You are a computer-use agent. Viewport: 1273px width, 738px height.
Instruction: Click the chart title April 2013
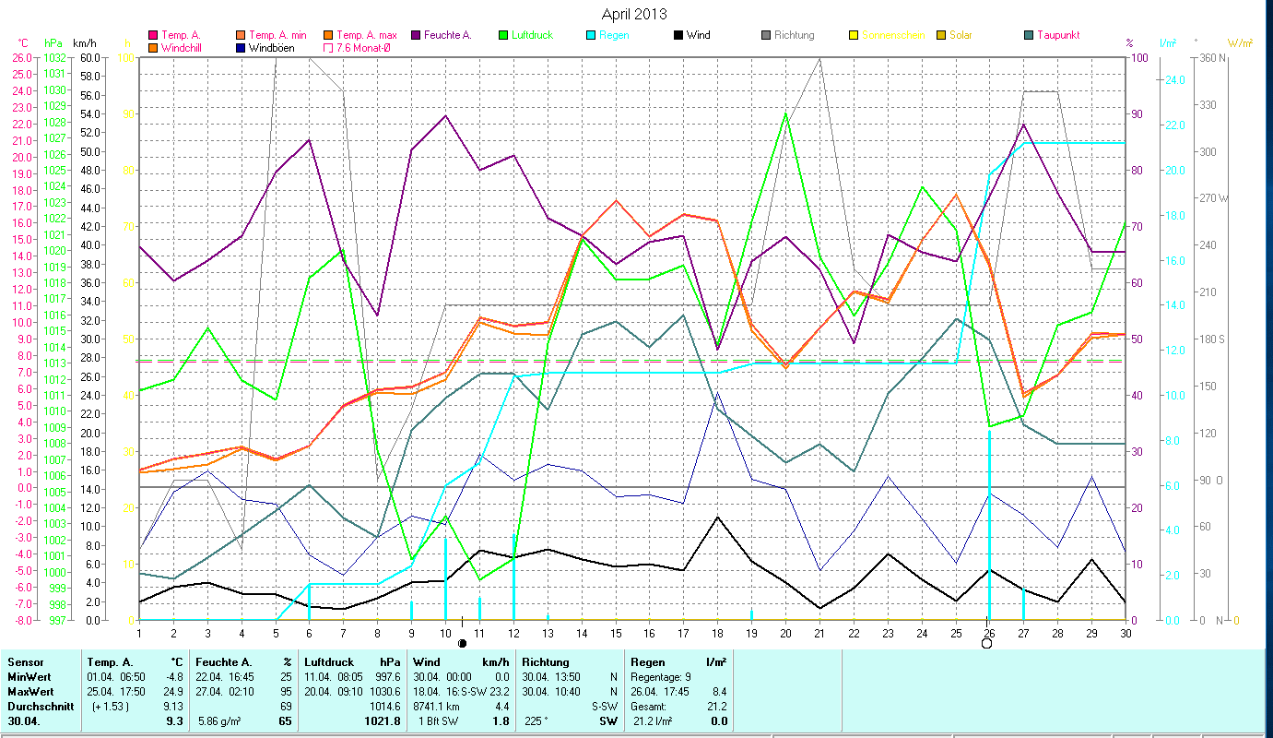(x=634, y=14)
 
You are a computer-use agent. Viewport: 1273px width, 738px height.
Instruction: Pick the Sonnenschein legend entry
(x=880, y=35)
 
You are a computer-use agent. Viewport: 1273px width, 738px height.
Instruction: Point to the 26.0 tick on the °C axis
(x=20, y=57)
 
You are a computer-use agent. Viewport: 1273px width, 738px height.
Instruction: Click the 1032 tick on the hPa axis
(x=54, y=57)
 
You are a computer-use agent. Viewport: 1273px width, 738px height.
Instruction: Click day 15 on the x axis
(x=616, y=632)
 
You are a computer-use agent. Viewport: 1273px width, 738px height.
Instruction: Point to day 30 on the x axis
(x=1126, y=632)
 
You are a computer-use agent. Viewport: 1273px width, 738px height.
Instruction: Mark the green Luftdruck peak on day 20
(x=785, y=113)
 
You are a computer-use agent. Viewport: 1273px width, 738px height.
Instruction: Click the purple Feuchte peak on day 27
(x=1023, y=125)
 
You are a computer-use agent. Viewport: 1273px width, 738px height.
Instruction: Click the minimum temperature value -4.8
(x=174, y=676)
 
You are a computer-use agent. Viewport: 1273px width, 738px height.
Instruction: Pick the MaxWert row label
(x=29, y=691)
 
